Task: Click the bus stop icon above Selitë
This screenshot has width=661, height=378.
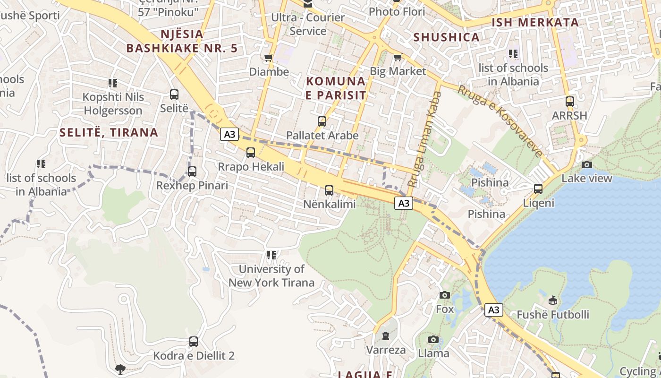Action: pos(174,94)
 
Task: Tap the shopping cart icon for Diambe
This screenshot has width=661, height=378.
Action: pos(269,58)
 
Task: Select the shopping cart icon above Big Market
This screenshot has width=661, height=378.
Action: pos(398,58)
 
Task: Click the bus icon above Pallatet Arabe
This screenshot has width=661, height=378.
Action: pos(322,121)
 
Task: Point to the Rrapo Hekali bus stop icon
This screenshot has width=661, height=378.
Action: pos(251,153)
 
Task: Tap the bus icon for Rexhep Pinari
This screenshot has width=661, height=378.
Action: pos(192,172)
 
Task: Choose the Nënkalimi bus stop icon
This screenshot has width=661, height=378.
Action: pos(329,190)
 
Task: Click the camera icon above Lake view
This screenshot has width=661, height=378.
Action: pos(587,164)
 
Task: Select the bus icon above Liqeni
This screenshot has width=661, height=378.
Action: pos(538,189)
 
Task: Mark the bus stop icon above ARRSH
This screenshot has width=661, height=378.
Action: pos(570,102)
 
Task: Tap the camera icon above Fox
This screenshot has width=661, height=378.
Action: pos(444,295)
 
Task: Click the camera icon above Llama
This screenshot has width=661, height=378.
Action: pos(433,339)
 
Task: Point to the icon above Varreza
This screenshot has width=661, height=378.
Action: pos(386,336)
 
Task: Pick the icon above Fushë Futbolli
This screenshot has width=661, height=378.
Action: pos(552,301)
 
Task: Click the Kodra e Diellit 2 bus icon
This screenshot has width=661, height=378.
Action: pos(194,342)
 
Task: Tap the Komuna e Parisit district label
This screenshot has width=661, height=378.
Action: pos(336,88)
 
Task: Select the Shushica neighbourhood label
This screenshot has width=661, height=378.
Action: pos(446,37)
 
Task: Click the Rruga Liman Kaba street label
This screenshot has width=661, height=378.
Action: pos(424,139)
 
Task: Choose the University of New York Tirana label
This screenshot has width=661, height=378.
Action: pos(271,276)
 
